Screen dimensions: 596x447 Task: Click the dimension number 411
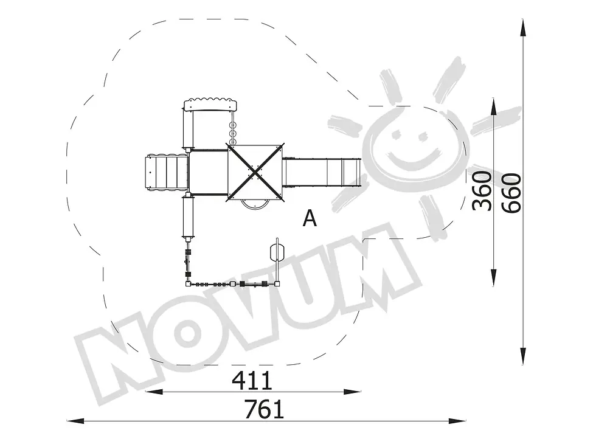point(252,380)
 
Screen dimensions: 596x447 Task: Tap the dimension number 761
point(264,409)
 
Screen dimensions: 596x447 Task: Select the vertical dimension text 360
point(482,191)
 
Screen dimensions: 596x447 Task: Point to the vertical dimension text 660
point(511,193)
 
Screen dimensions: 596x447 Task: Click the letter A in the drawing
point(310,218)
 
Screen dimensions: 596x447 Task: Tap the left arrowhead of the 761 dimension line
point(75,421)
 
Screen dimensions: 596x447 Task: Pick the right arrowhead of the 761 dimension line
point(457,421)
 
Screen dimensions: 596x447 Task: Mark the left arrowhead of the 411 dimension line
point(154,392)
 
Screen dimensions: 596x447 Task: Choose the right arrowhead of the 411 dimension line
point(352,392)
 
